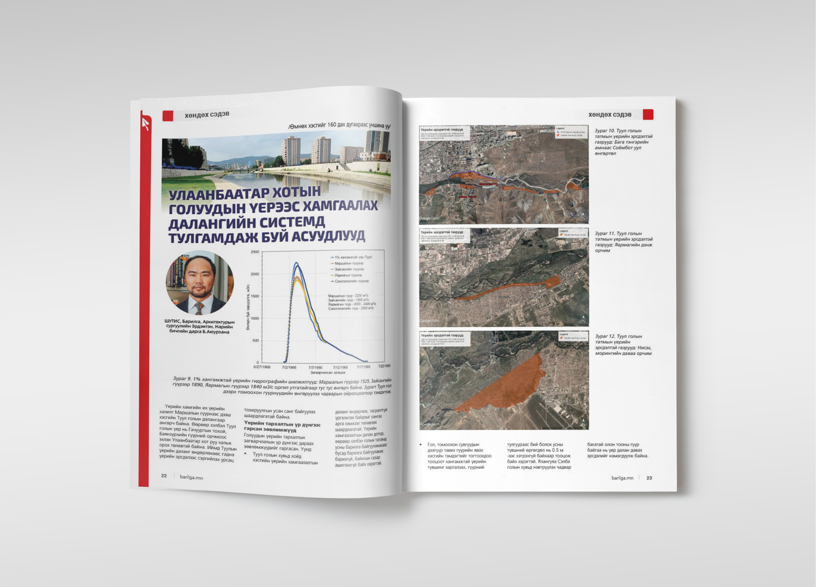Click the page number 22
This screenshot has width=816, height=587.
[x=164, y=475]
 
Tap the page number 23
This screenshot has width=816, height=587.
[x=649, y=478]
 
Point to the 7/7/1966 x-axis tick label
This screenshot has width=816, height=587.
[x=315, y=367]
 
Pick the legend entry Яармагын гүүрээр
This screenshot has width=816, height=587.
[x=348, y=275]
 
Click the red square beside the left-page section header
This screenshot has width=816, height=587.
[x=168, y=116]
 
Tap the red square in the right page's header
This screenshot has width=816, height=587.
[x=648, y=114]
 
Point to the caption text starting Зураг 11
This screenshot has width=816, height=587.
[x=623, y=242]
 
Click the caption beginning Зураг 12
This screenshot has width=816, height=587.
[x=623, y=345]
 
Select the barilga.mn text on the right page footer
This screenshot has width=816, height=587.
[x=622, y=478]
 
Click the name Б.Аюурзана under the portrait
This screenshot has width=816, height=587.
[x=215, y=332]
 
